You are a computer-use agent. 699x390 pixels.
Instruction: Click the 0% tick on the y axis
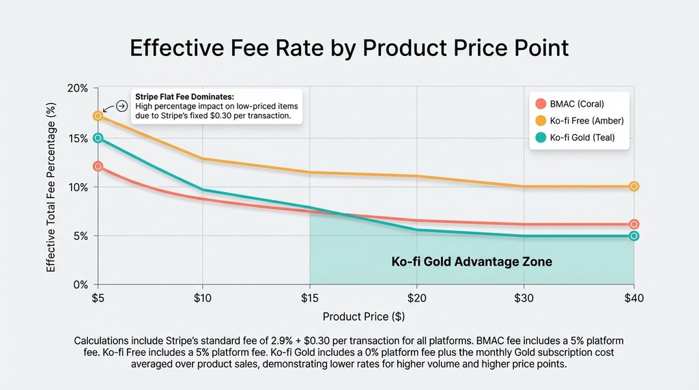point(80,285)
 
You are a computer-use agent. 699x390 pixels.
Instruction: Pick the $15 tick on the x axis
point(310,298)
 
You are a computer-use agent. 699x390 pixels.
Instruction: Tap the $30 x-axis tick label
point(524,298)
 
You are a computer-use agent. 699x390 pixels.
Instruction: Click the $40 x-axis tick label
point(633,298)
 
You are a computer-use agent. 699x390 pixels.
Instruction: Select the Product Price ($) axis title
point(365,318)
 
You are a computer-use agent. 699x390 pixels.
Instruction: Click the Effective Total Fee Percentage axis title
point(52,187)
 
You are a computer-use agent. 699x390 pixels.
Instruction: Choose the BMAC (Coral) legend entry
point(576,104)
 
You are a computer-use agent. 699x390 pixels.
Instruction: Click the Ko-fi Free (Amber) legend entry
point(586,121)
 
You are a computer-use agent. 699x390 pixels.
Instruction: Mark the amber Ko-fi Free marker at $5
point(98,115)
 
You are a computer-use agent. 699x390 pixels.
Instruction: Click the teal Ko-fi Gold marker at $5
point(98,138)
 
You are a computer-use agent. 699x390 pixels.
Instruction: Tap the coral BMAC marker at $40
point(634,224)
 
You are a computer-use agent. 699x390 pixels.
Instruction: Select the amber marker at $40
point(634,186)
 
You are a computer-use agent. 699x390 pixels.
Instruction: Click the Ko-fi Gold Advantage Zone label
point(472,262)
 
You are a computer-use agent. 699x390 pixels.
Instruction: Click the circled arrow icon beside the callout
point(122,106)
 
